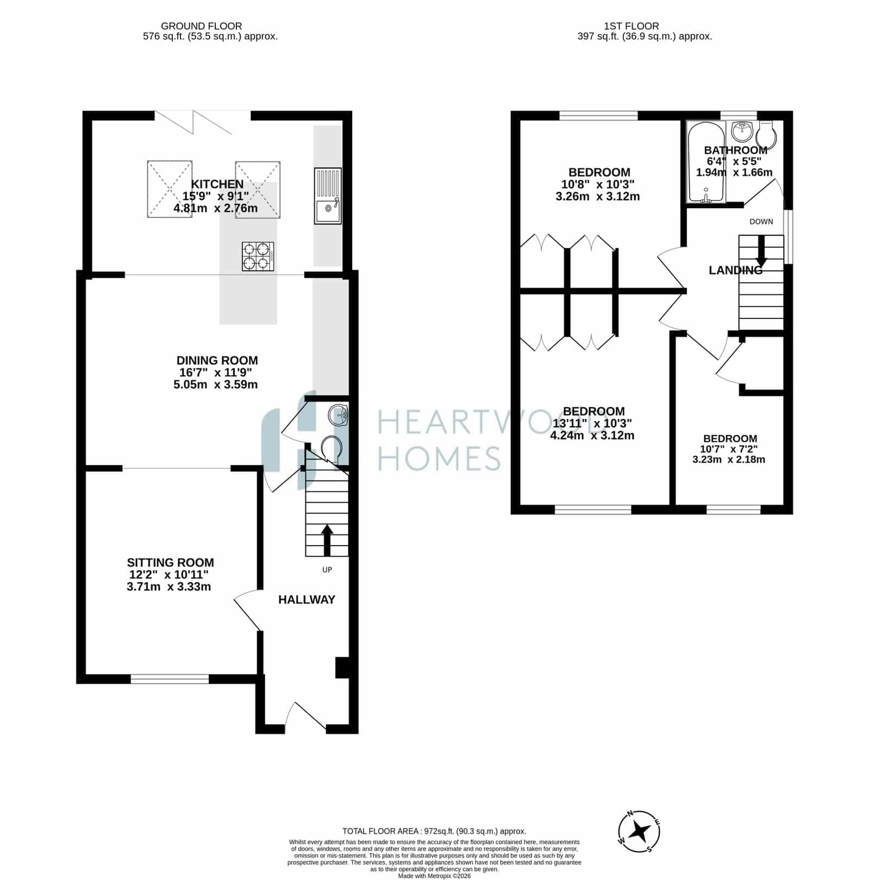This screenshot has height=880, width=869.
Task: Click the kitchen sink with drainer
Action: (328, 196)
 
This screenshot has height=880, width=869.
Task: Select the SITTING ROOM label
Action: (171, 563)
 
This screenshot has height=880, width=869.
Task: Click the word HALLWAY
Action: (307, 600)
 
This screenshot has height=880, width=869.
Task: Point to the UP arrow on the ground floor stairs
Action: (327, 540)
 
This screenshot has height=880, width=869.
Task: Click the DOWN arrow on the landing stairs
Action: (761, 251)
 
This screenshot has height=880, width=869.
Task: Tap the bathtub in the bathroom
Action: (706, 161)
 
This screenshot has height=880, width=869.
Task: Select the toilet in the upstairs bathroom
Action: (767, 134)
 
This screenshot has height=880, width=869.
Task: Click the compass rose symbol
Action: (640, 832)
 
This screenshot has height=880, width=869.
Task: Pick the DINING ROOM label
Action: (217, 360)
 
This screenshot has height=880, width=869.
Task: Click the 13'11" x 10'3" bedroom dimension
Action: (592, 423)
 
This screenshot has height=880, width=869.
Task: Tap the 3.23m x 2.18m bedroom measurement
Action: (729, 459)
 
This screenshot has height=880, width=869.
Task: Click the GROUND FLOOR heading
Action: (202, 26)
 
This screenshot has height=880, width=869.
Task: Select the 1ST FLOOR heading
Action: (632, 26)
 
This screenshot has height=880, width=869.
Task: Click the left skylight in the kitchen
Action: (170, 189)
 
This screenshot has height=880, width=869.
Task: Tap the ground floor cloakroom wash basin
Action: (338, 416)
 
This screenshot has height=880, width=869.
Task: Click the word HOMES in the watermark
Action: (439, 458)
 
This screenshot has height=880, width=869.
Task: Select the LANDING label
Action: (736, 270)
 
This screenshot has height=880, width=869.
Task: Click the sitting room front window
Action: (170, 678)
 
